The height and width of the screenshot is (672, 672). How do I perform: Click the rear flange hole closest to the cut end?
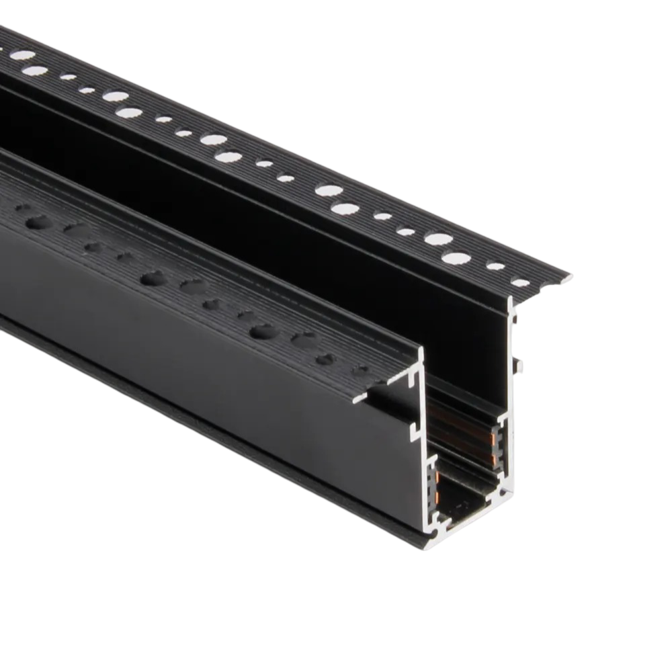pos(521,282)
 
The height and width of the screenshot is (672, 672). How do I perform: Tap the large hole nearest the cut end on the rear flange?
pos(456,258)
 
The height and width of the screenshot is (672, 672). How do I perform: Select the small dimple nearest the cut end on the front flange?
pos(362,369)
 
